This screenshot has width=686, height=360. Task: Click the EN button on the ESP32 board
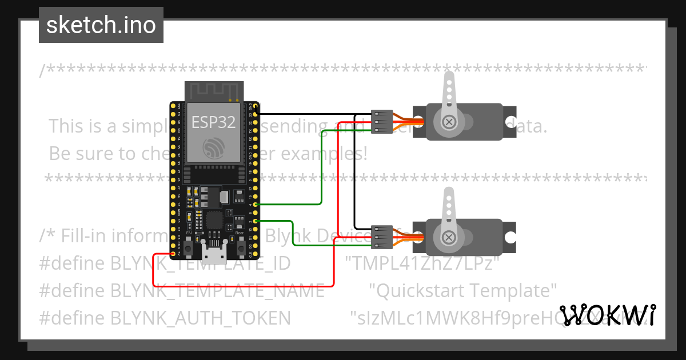click(189, 242)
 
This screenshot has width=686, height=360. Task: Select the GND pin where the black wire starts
click(256, 114)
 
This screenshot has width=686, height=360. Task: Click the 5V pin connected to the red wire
click(174, 253)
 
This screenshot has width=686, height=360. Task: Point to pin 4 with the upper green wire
click(256, 204)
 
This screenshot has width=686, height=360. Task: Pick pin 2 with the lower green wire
click(256, 220)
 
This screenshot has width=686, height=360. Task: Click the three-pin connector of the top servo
click(379, 122)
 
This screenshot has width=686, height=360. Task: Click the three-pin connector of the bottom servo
click(379, 237)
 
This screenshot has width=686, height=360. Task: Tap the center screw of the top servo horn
click(450, 122)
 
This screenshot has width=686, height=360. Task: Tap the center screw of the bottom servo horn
click(450, 237)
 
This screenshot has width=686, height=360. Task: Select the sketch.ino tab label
click(101, 25)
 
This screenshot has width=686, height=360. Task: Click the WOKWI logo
click(607, 315)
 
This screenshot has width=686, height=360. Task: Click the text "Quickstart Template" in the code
click(463, 290)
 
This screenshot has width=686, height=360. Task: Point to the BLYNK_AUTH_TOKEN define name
click(200, 318)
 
